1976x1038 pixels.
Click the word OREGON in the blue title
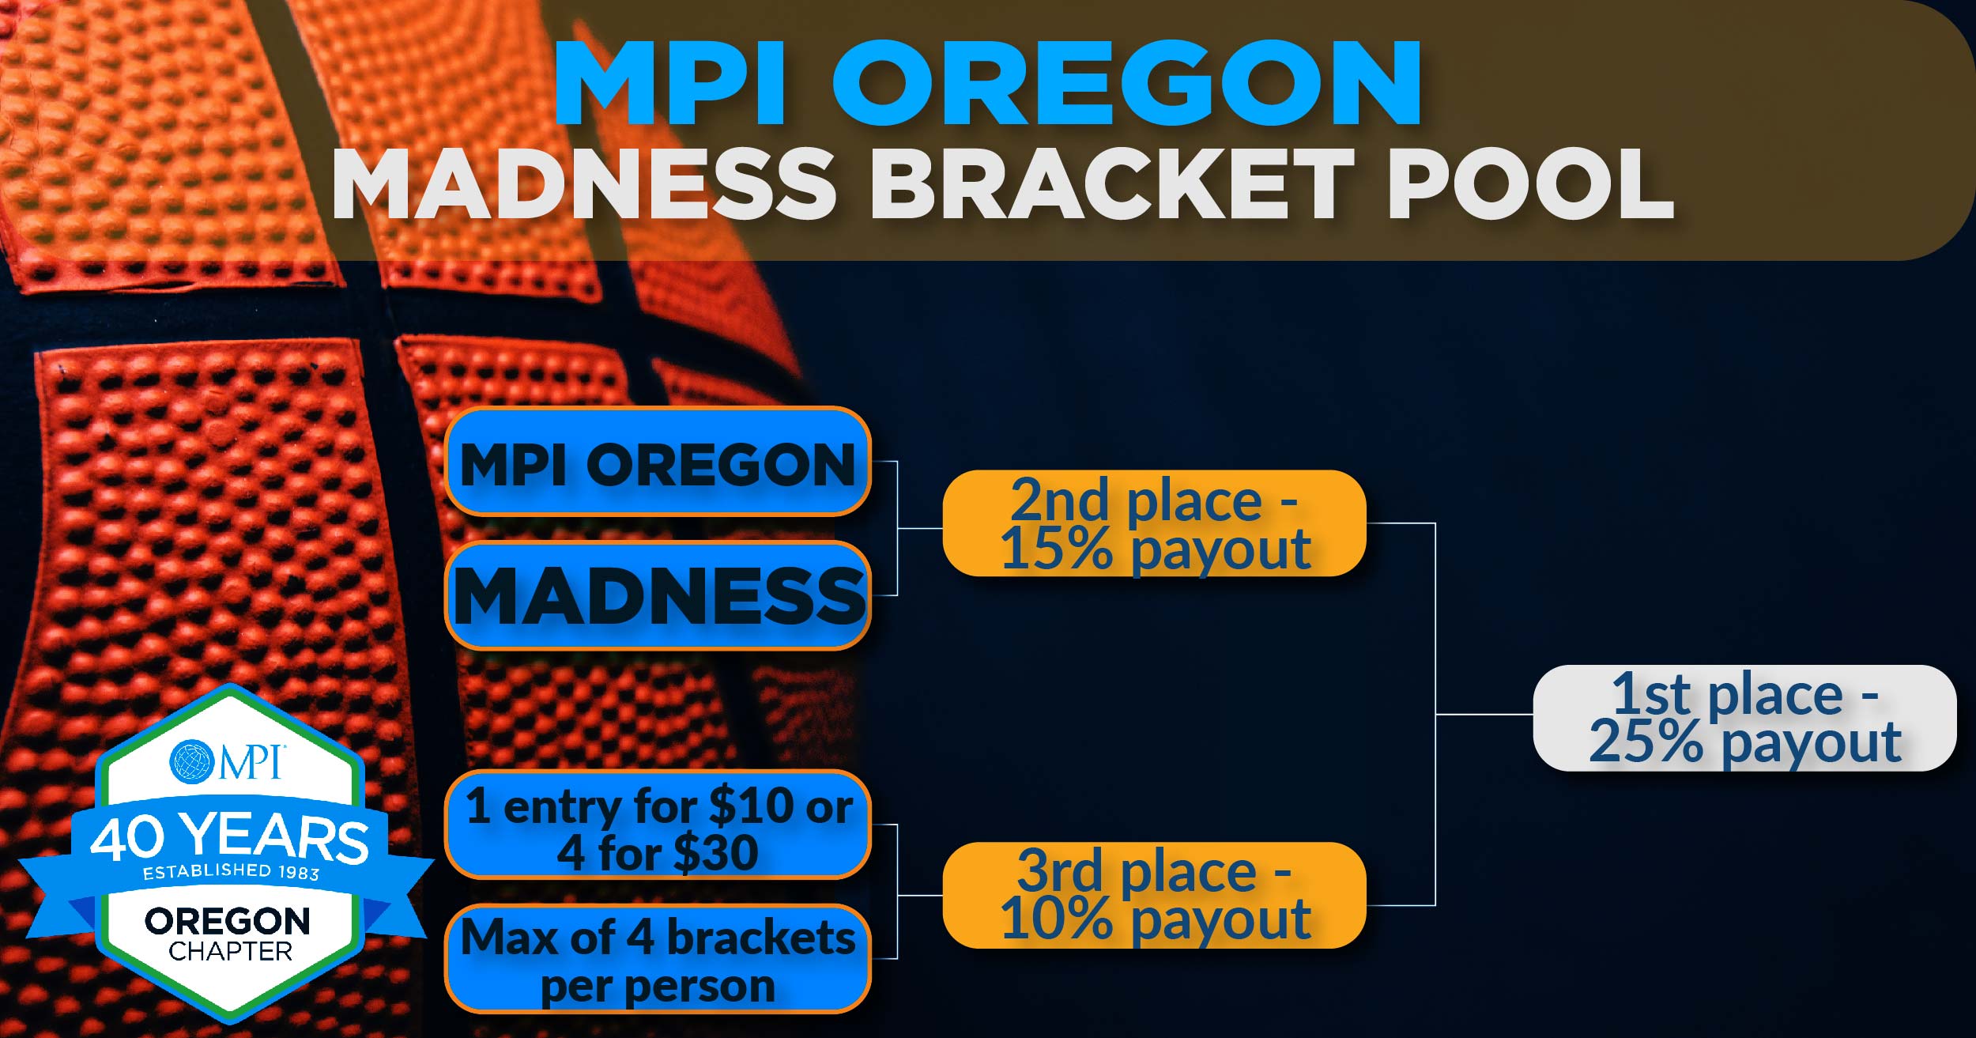coord(1126,83)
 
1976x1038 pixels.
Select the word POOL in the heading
coord(1530,183)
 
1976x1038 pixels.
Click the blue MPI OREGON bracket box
coord(658,463)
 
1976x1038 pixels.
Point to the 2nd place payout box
coord(1154,523)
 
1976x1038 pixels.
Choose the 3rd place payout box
coord(1154,895)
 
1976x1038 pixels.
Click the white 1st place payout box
coord(1744,718)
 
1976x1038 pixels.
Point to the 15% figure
coord(1056,549)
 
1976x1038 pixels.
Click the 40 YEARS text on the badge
coord(229,838)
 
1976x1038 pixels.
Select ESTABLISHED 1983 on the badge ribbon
coord(231,871)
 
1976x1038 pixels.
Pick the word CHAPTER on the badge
coord(230,951)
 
